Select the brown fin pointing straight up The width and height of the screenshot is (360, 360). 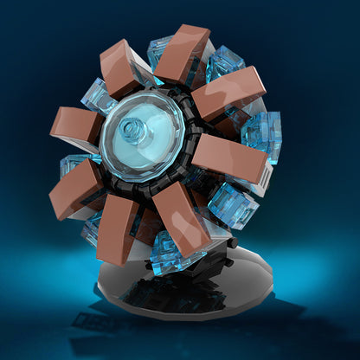coord(183,54)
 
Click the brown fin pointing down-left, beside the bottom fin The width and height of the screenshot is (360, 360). coord(119,227)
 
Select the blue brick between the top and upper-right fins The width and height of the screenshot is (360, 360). coord(223,63)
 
